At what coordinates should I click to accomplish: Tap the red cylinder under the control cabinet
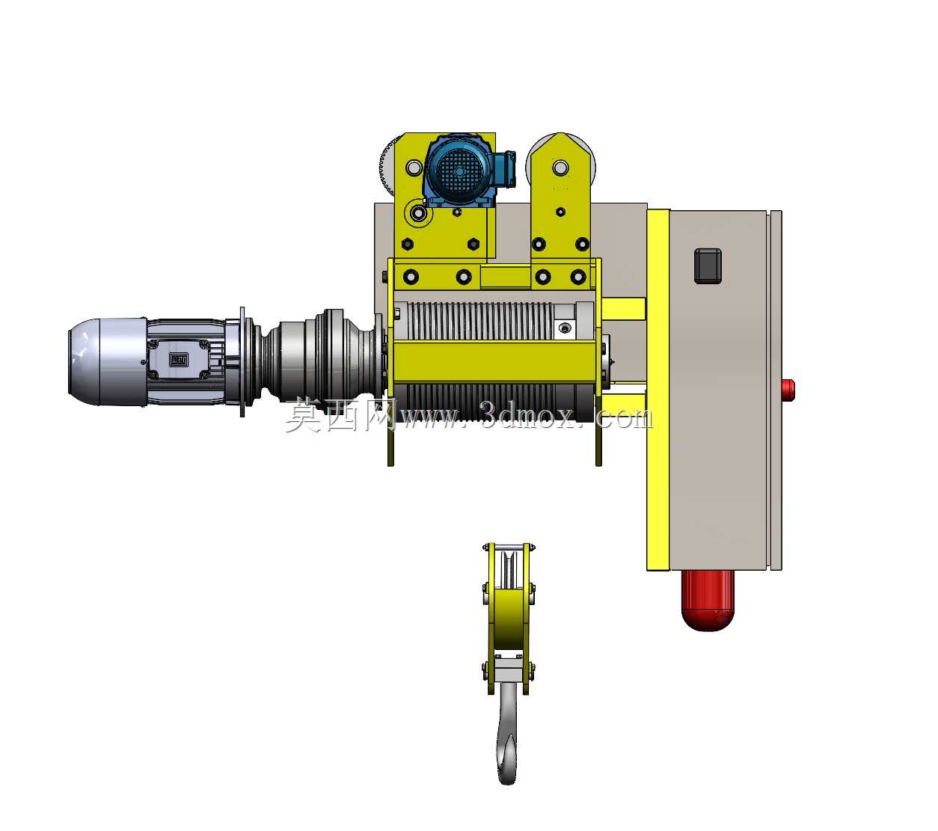click(x=708, y=600)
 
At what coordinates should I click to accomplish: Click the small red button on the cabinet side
click(x=788, y=390)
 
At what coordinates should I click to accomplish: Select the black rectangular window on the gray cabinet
click(x=708, y=266)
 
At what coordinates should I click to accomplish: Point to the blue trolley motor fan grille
click(x=459, y=172)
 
